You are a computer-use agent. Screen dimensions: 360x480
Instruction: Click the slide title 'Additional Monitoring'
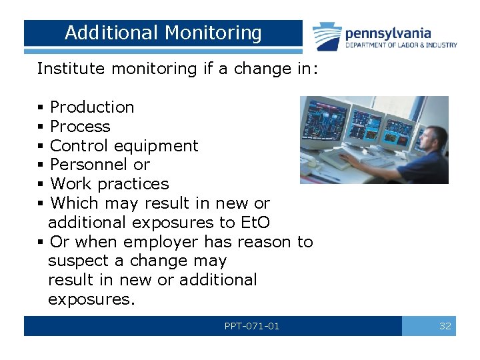[x=163, y=33]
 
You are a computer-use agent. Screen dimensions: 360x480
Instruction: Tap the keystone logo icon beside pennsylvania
[x=327, y=36]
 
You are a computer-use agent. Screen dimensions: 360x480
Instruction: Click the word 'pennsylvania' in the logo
[x=387, y=32]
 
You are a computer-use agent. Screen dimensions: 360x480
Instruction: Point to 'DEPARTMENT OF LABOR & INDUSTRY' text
[x=401, y=45]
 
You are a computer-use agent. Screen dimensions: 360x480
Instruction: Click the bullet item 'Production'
[x=92, y=107]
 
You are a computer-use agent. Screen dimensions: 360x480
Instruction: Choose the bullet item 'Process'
[x=80, y=127]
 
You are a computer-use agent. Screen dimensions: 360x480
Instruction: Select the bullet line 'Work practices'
[x=109, y=184]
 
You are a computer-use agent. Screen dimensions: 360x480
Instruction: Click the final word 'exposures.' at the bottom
[x=91, y=299]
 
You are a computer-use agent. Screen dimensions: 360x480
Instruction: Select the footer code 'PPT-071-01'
[x=252, y=326]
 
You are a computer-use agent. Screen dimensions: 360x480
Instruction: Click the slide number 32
[x=445, y=326]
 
